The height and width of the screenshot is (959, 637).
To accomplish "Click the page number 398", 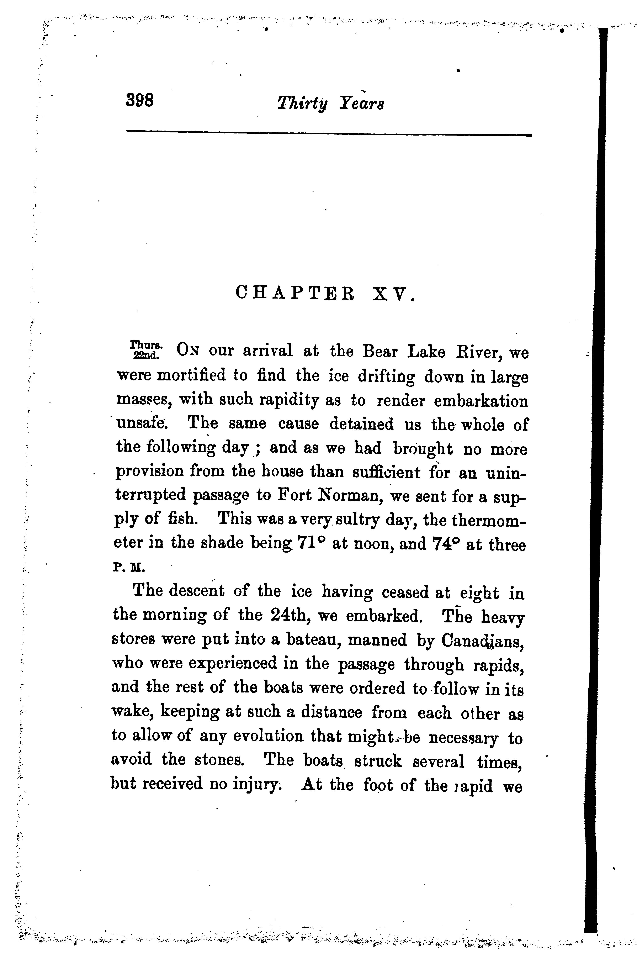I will point(140,100).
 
